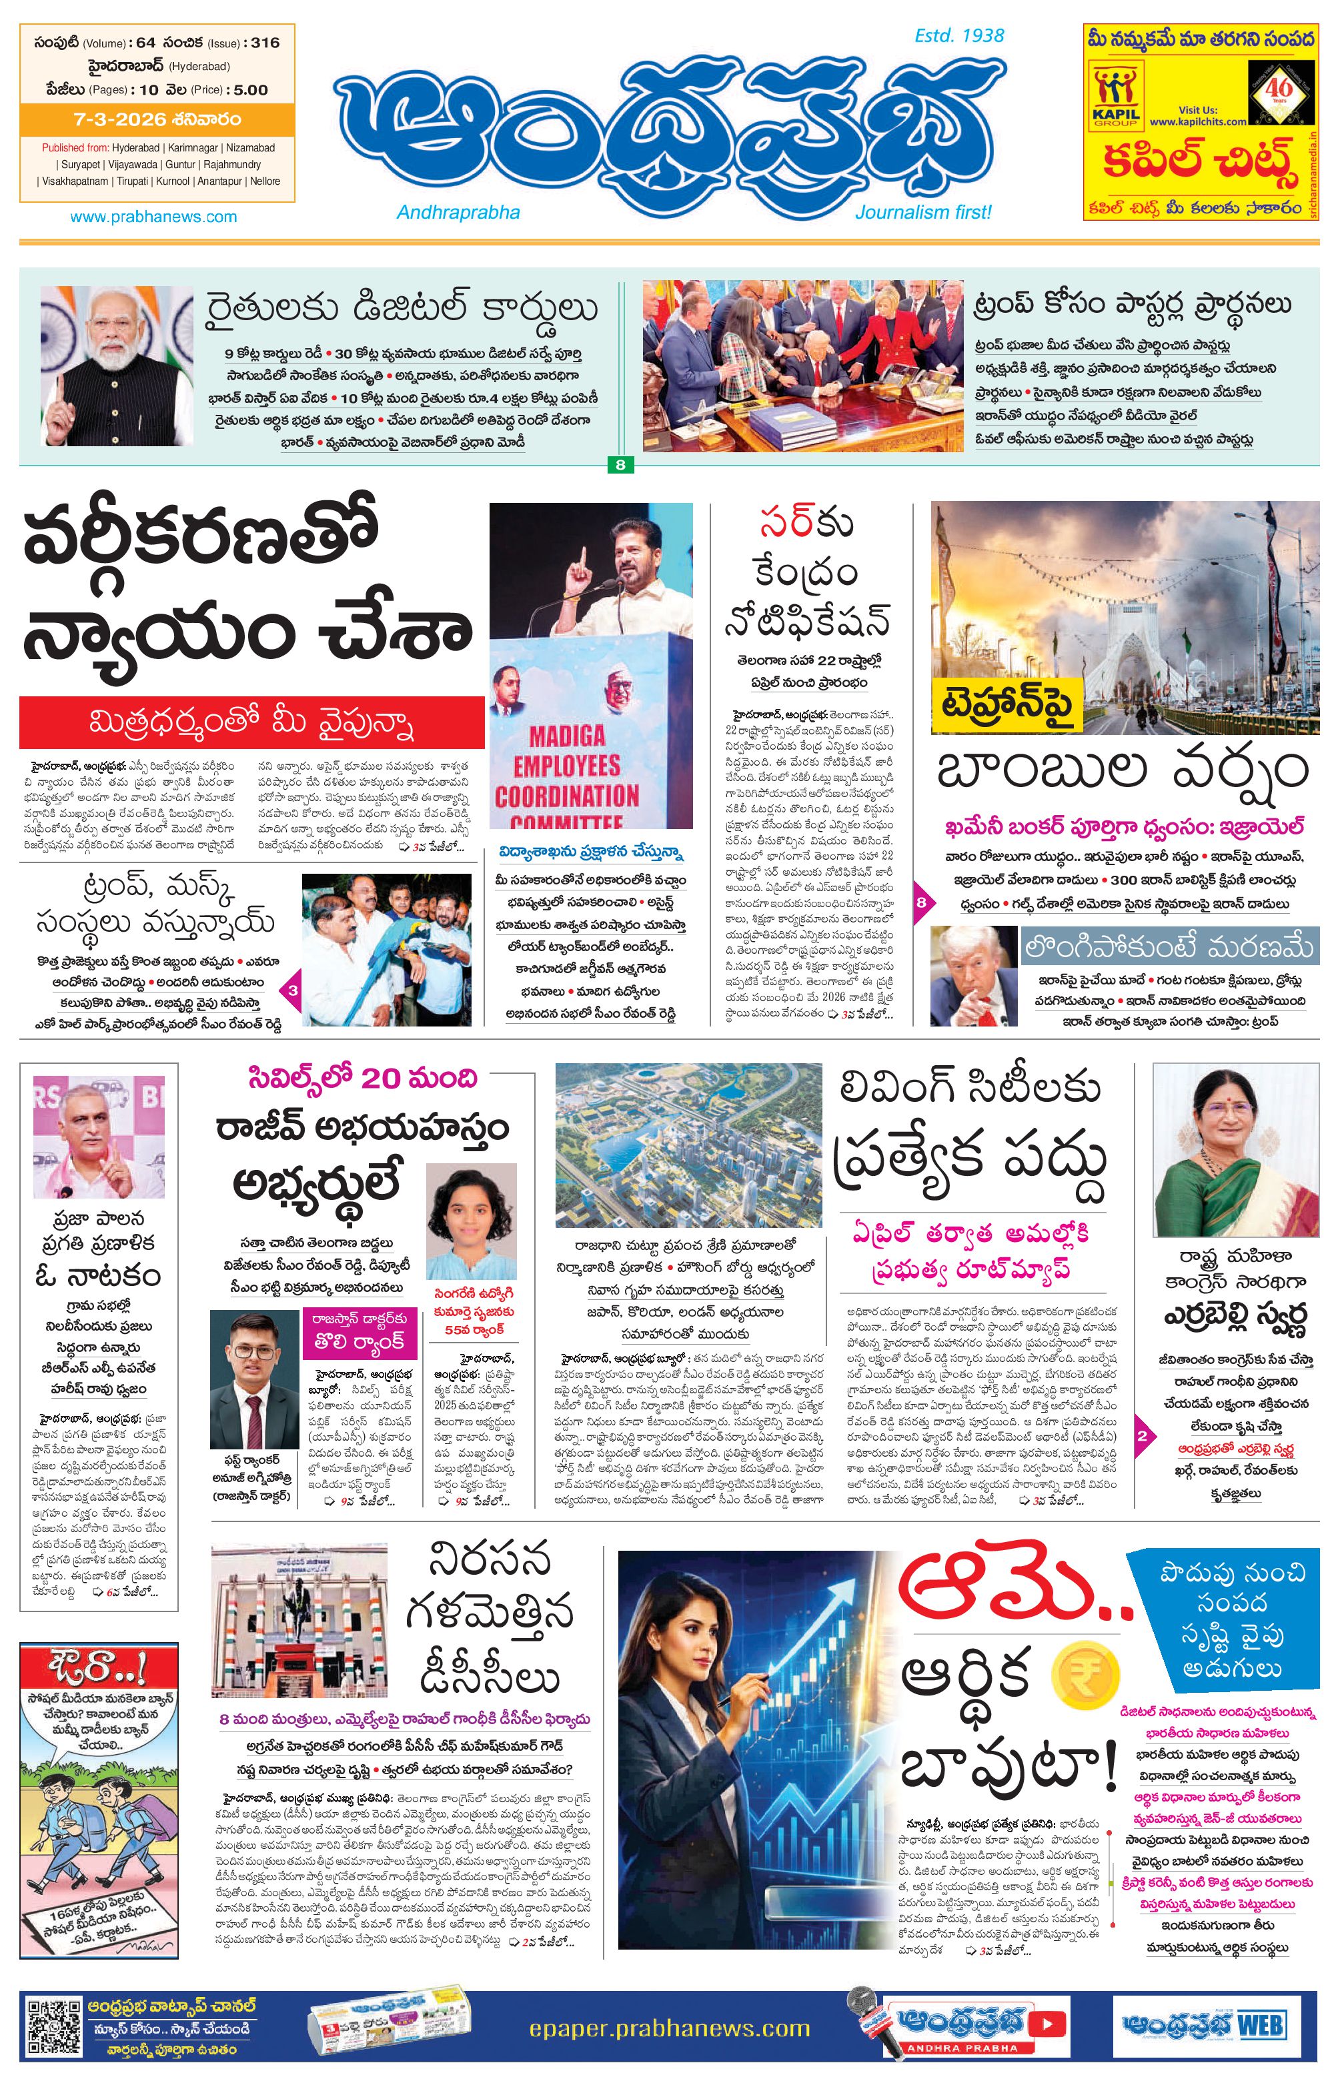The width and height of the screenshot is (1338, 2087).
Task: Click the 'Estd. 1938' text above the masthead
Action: click(959, 35)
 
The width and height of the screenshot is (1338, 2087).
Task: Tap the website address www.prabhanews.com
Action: click(154, 216)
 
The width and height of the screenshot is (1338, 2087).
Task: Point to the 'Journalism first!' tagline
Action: click(922, 212)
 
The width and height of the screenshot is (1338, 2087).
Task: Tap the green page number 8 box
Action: click(620, 465)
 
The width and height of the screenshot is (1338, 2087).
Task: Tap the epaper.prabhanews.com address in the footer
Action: click(669, 2029)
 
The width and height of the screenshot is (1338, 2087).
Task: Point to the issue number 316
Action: click(265, 43)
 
